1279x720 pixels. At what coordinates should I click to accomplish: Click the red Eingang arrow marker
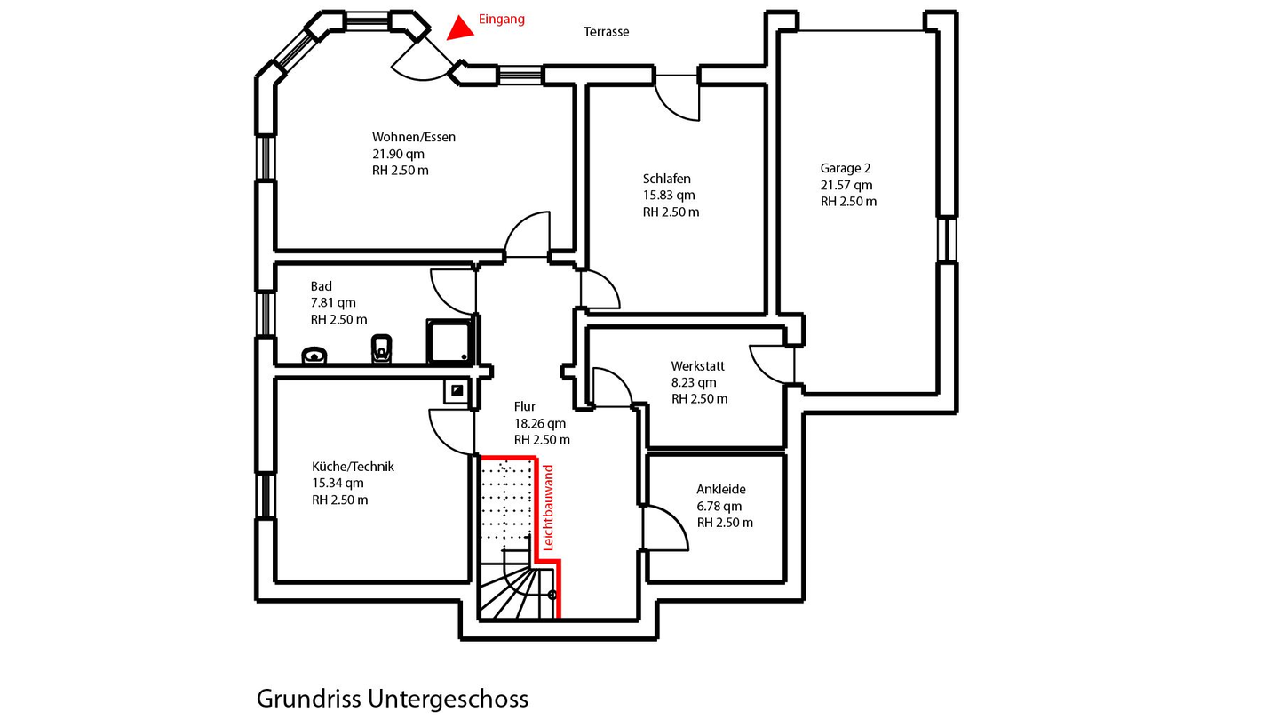tap(459, 28)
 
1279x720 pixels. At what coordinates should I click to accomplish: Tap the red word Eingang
tap(502, 19)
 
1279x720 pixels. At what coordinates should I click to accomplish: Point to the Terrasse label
tap(606, 32)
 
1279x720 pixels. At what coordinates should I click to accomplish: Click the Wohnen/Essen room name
tap(414, 137)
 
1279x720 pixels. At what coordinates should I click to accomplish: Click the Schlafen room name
tap(667, 179)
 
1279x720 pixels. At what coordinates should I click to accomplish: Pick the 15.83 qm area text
tap(669, 196)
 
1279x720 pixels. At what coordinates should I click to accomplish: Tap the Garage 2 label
tap(846, 168)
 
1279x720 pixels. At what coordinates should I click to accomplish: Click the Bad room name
tap(322, 286)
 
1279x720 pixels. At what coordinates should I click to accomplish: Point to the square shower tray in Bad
tap(450, 342)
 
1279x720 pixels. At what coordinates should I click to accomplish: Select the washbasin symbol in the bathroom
tap(314, 356)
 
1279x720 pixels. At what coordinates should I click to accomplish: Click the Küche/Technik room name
tap(353, 467)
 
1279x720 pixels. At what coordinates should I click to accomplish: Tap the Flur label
tap(525, 407)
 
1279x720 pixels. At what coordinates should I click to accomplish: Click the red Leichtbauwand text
tap(548, 508)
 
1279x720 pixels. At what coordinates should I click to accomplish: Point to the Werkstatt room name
tap(698, 366)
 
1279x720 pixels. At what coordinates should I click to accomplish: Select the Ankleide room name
tap(721, 489)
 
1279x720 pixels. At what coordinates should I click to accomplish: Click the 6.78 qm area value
tap(719, 506)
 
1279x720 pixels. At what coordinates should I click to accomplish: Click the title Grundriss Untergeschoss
tap(393, 699)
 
